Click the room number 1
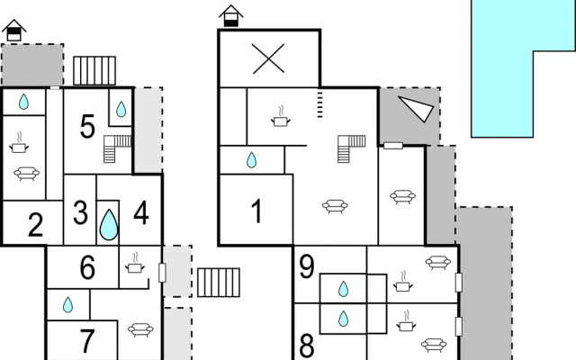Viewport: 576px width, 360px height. pos(257,211)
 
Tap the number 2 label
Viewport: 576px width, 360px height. pos(36,225)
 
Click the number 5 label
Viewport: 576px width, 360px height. pos(87,127)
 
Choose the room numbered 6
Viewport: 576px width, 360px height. pos(87,267)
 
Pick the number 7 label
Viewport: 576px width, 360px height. pos(87,340)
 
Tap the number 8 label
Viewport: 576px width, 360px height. pos(307,346)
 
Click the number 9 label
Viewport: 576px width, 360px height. pos(307,266)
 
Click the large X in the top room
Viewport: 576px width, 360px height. pos(268,58)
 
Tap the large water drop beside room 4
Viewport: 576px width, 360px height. pos(109,225)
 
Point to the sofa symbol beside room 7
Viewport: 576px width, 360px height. pos(140,329)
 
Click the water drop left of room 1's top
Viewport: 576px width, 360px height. pos(251,160)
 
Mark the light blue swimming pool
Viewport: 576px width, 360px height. pos(502,68)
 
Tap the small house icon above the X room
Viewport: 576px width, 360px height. pos(231,16)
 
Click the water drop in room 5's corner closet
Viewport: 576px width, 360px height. pos(121,109)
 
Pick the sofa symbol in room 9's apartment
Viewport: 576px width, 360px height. pos(438,262)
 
